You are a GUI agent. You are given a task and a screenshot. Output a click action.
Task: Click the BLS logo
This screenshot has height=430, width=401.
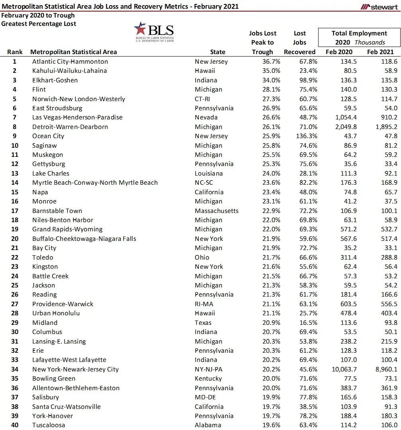[154, 32]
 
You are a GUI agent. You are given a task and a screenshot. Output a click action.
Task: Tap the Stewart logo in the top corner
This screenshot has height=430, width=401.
[379, 7]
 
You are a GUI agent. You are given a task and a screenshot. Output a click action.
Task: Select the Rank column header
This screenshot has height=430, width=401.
[15, 52]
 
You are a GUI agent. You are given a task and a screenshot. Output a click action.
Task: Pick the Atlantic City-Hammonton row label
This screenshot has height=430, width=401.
[70, 62]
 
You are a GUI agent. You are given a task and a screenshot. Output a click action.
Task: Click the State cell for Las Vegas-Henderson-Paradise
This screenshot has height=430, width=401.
[206, 117]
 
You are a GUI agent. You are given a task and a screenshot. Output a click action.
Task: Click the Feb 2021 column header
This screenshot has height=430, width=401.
[380, 52]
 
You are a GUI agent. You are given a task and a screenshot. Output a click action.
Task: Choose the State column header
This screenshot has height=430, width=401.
[217, 52]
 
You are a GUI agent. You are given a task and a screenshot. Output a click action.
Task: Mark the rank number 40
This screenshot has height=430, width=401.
[15, 425]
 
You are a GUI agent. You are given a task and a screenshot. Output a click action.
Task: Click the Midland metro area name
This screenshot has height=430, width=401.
[45, 323]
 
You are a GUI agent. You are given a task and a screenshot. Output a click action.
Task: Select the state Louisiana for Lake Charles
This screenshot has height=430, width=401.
[209, 174]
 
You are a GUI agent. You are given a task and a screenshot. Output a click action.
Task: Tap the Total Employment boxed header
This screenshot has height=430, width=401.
[359, 37]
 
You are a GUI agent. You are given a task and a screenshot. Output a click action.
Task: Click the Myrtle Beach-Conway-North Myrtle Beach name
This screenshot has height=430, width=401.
[95, 183]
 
